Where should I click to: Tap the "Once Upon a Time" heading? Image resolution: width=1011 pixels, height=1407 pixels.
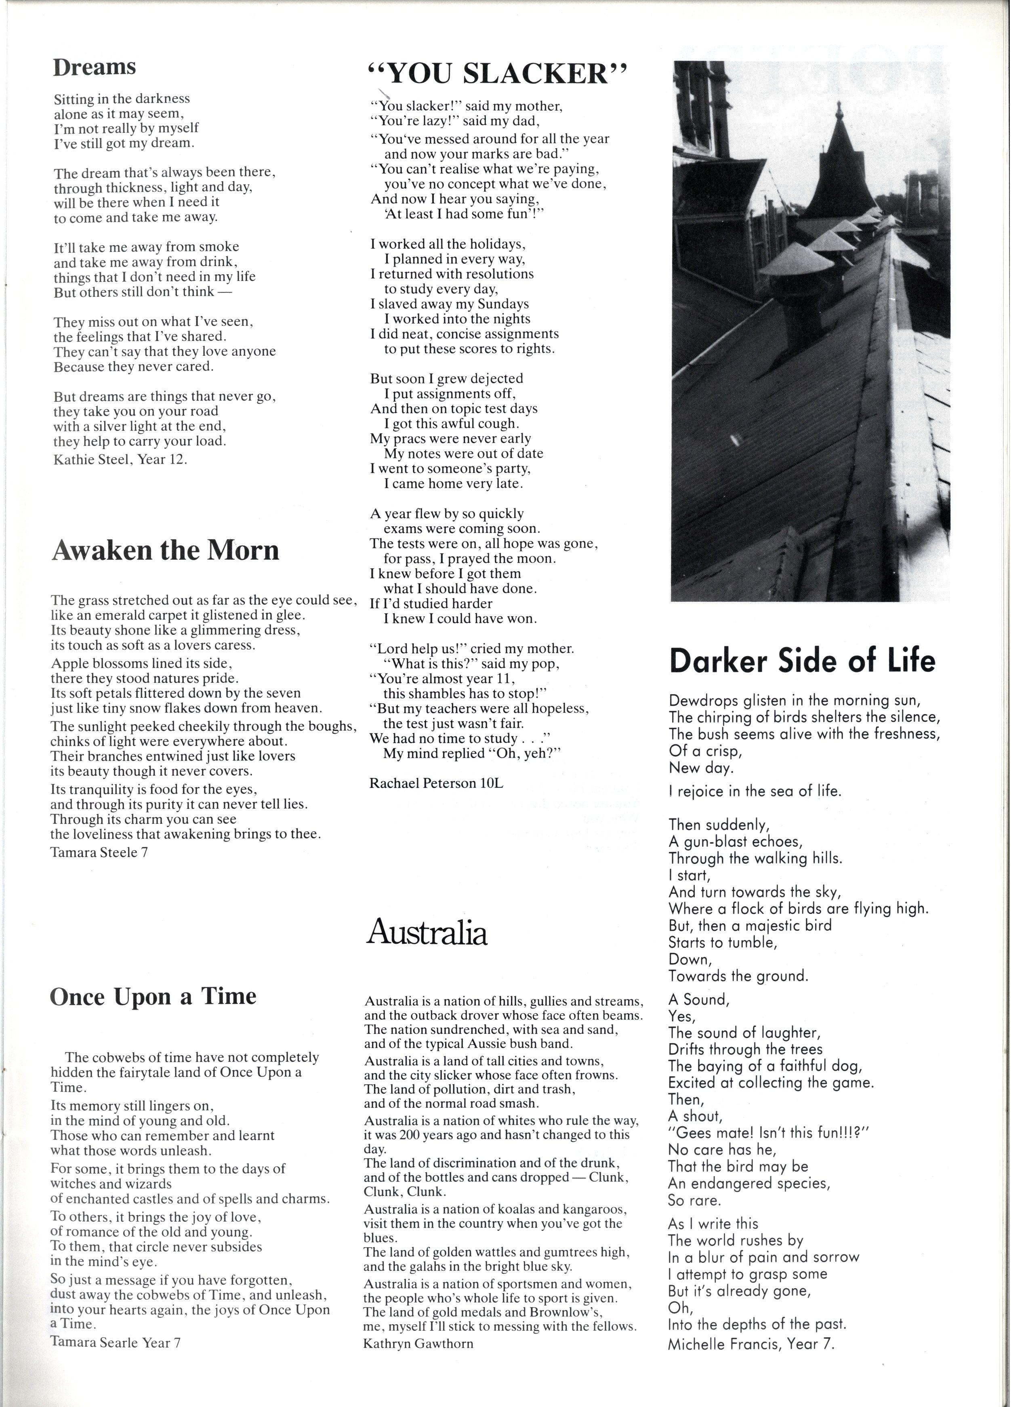(x=153, y=996)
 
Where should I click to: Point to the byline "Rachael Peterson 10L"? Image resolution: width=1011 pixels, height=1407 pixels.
(x=436, y=783)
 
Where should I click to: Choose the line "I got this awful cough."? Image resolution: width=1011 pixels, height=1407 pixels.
(x=451, y=424)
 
